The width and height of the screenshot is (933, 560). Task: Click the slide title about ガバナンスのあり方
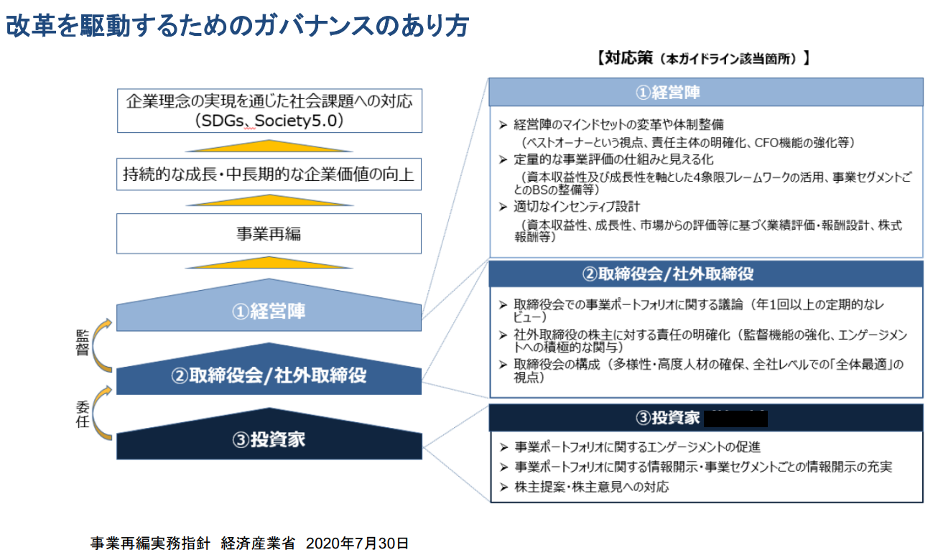[x=237, y=25]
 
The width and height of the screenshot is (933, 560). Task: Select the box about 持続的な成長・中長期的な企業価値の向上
[x=269, y=175]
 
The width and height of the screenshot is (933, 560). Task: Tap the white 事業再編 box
[x=269, y=233]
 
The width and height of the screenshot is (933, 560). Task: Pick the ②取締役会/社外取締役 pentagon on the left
[x=269, y=375]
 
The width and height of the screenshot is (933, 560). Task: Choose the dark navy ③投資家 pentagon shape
[x=269, y=440]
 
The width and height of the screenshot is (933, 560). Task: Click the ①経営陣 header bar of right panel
[x=705, y=93]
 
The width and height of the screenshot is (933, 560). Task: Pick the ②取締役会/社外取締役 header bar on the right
[x=705, y=274]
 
